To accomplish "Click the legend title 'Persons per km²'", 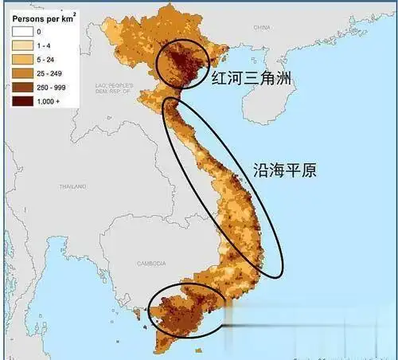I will [38, 15].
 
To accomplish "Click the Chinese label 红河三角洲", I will [254, 78].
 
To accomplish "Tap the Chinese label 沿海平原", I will [284, 170].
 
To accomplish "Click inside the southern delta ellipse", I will [187, 315].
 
